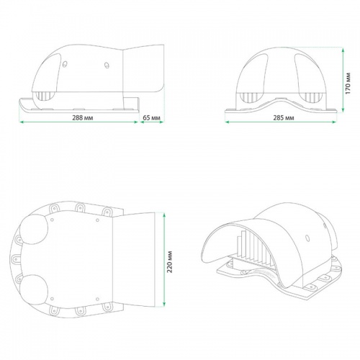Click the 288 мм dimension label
(x=83, y=118)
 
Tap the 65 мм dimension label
(x=151, y=118)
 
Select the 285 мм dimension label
(x=284, y=118)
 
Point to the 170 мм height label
(x=348, y=84)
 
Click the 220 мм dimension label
(x=170, y=261)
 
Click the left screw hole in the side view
(x=65, y=64)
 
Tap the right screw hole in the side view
(x=107, y=65)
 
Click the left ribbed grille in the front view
(x=249, y=97)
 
